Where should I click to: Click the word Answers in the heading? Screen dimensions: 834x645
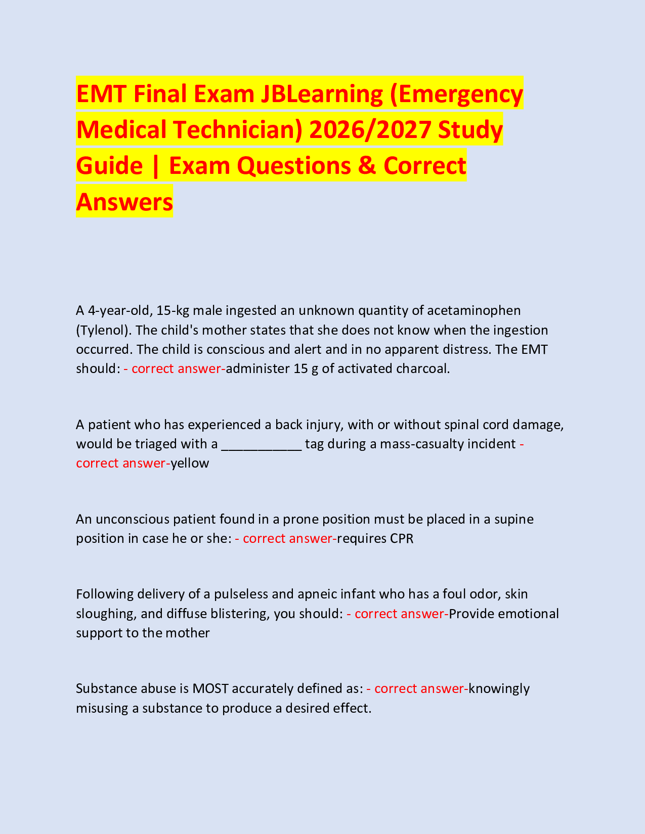pos(124,202)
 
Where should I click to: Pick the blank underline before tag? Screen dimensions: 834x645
pos(262,444)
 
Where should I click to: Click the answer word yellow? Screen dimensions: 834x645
pos(190,463)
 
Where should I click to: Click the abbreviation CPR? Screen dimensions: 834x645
pos(402,538)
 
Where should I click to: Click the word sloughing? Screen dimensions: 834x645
pos(105,614)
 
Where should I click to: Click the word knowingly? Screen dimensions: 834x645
pos(499,688)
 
